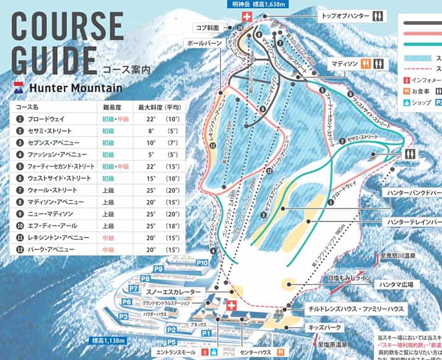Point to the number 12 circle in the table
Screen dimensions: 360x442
[x=20, y=249]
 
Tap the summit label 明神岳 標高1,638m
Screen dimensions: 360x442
[x=251, y=4]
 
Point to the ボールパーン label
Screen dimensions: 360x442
[x=202, y=43]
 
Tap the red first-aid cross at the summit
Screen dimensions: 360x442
[x=248, y=17]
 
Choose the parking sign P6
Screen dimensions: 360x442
[x=127, y=302]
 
